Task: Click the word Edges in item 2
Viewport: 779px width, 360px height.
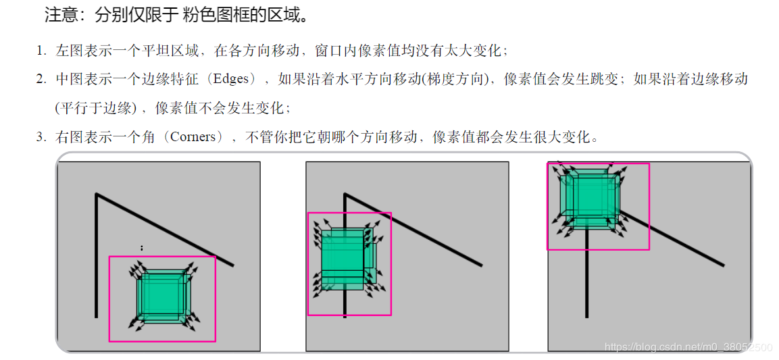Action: point(232,79)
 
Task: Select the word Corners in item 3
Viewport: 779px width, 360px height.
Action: point(196,137)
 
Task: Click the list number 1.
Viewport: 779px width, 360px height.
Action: point(41,51)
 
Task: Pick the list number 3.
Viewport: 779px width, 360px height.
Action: point(41,138)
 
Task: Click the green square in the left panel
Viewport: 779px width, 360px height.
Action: point(161,296)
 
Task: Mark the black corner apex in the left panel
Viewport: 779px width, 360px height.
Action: point(97,195)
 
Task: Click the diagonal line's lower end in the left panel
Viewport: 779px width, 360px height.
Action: point(232,265)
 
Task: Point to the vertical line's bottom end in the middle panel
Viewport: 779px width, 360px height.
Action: point(345,315)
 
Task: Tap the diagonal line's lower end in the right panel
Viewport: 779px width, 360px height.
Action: point(723,265)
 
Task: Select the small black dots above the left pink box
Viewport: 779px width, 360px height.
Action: point(141,248)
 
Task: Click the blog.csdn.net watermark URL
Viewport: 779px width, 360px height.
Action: point(688,347)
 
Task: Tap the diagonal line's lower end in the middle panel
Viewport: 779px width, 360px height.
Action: point(481,265)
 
